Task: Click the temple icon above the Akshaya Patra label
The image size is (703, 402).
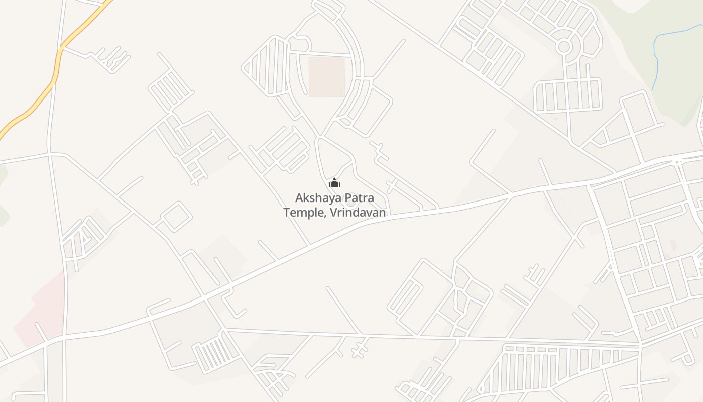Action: point(334,183)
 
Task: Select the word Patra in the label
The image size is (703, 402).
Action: point(356,198)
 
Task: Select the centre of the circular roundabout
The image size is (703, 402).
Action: point(564,47)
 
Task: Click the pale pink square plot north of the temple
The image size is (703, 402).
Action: point(326,76)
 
